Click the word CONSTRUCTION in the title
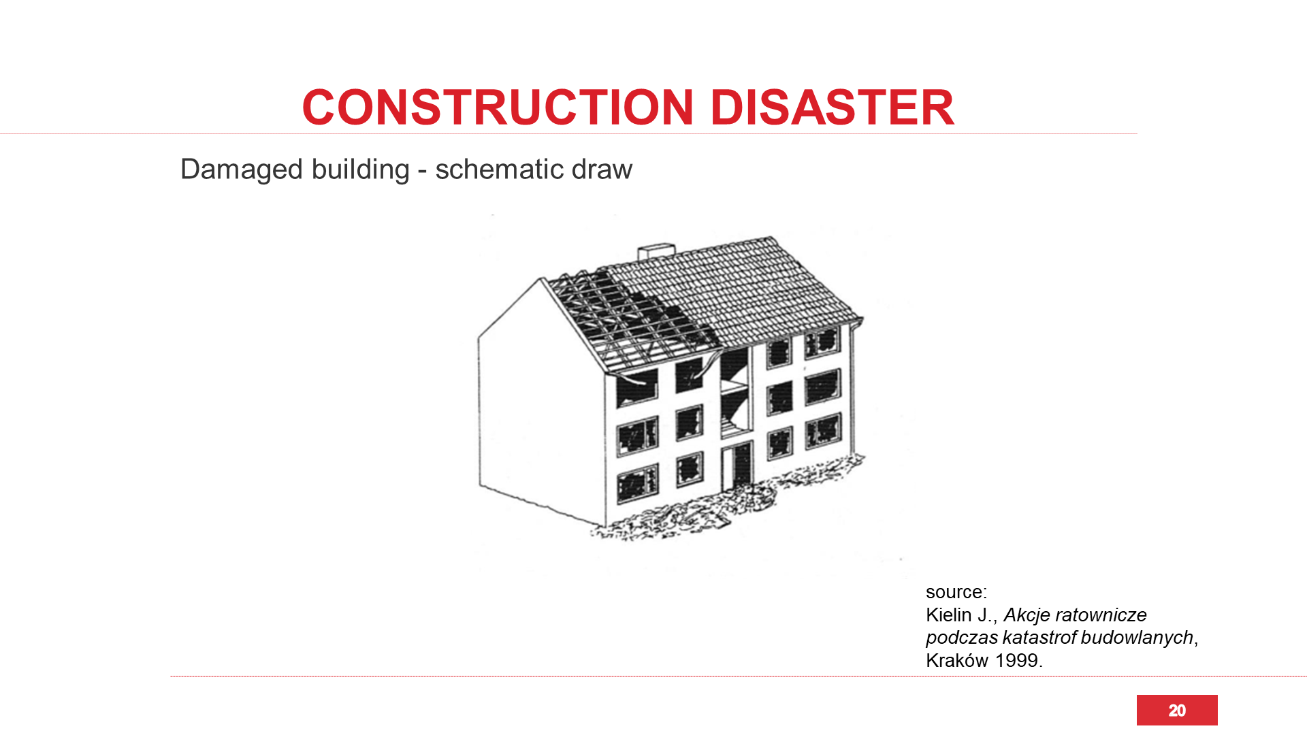pyautogui.click(x=498, y=108)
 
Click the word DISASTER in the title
pyautogui.click(x=832, y=108)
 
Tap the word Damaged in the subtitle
pyautogui.click(x=242, y=170)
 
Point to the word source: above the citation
pyautogui.click(x=956, y=592)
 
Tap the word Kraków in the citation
pyautogui.click(x=957, y=661)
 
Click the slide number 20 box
pyautogui.click(x=1177, y=710)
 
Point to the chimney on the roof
pyautogui.click(x=656, y=252)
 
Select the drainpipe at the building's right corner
pyautogui.click(x=852, y=388)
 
